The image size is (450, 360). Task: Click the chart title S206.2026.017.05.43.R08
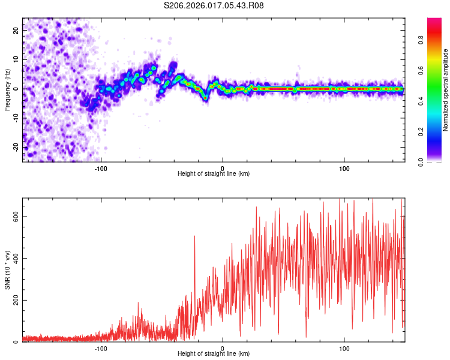[214, 5]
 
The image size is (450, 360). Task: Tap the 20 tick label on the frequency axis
[16, 31]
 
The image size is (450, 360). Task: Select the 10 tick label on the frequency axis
[16, 60]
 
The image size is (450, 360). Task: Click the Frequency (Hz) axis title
[7, 89]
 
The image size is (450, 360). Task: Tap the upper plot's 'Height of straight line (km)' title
[214, 173]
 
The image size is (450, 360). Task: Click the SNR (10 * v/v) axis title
[7, 270]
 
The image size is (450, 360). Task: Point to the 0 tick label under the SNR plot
[223, 348]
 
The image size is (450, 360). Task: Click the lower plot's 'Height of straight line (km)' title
[214, 354]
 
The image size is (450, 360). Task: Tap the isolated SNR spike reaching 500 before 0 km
[194, 238]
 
